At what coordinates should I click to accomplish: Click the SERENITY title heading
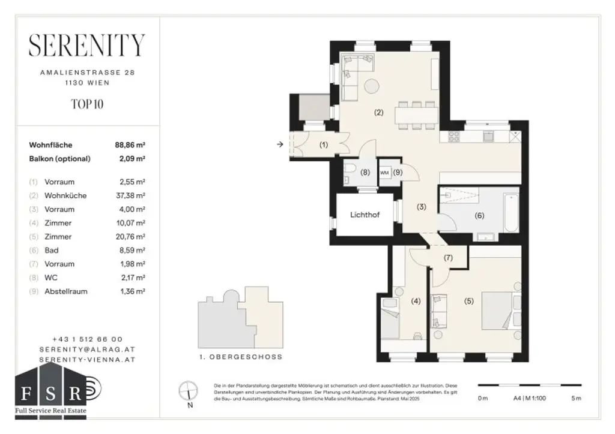87,46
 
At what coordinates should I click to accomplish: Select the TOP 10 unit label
87,104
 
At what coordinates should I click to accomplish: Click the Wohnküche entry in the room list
65,195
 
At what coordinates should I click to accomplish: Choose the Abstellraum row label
65,292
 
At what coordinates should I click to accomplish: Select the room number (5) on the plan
468,302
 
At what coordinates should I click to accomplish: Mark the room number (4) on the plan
414,302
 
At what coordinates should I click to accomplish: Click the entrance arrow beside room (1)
280,144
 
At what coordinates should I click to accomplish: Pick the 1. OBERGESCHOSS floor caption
240,357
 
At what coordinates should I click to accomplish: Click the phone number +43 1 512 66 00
87,339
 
